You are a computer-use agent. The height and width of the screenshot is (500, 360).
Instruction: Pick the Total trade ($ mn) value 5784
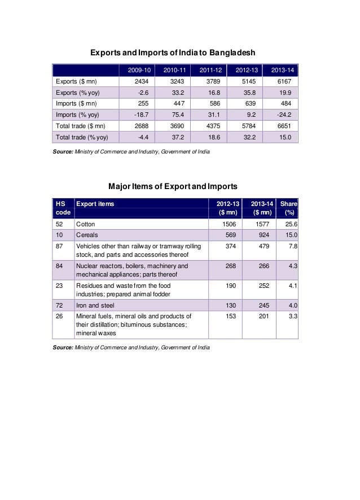[247, 126]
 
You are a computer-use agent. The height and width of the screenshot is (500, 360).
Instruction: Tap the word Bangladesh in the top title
[233, 53]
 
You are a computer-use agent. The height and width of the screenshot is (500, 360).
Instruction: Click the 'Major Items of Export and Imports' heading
[172, 186]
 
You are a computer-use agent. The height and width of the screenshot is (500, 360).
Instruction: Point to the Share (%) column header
[290, 208]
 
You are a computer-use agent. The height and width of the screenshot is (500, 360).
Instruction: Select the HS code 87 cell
[59, 245]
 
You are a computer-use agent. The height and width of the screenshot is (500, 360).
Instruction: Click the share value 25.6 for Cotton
[291, 224]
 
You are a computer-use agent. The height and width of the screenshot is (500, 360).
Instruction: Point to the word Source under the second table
[62, 347]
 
